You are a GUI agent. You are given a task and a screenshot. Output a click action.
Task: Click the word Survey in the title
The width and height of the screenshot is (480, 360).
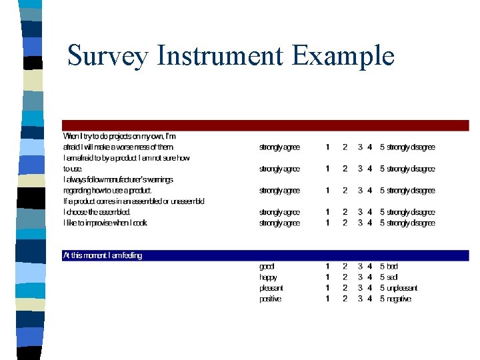click(107, 55)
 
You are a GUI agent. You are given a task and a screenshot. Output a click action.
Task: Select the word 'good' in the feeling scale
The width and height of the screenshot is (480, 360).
click(267, 267)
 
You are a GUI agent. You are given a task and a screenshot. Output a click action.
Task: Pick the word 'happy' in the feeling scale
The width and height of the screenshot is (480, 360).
click(268, 277)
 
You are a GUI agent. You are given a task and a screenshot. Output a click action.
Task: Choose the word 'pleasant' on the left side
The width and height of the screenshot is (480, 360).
click(271, 288)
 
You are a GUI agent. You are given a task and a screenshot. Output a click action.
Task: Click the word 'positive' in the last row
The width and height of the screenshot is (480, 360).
click(270, 299)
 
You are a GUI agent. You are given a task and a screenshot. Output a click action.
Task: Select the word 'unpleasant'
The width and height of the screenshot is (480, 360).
click(402, 288)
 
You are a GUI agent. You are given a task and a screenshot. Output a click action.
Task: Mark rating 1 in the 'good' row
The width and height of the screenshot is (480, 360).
click(327, 267)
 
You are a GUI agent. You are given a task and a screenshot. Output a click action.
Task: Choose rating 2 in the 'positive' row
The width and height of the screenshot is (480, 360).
click(345, 299)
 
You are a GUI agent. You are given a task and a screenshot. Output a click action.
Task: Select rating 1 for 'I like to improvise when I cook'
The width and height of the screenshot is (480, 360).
click(327, 223)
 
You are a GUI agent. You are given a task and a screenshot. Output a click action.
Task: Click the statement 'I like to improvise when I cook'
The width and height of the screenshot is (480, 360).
click(105, 223)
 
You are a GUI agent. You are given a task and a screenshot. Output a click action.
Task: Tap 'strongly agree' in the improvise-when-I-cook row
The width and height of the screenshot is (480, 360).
click(279, 223)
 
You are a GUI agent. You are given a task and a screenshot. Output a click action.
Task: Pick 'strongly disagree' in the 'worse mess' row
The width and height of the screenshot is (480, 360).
click(411, 147)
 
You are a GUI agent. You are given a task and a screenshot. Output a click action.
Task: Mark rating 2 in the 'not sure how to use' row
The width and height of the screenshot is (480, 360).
click(345, 169)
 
